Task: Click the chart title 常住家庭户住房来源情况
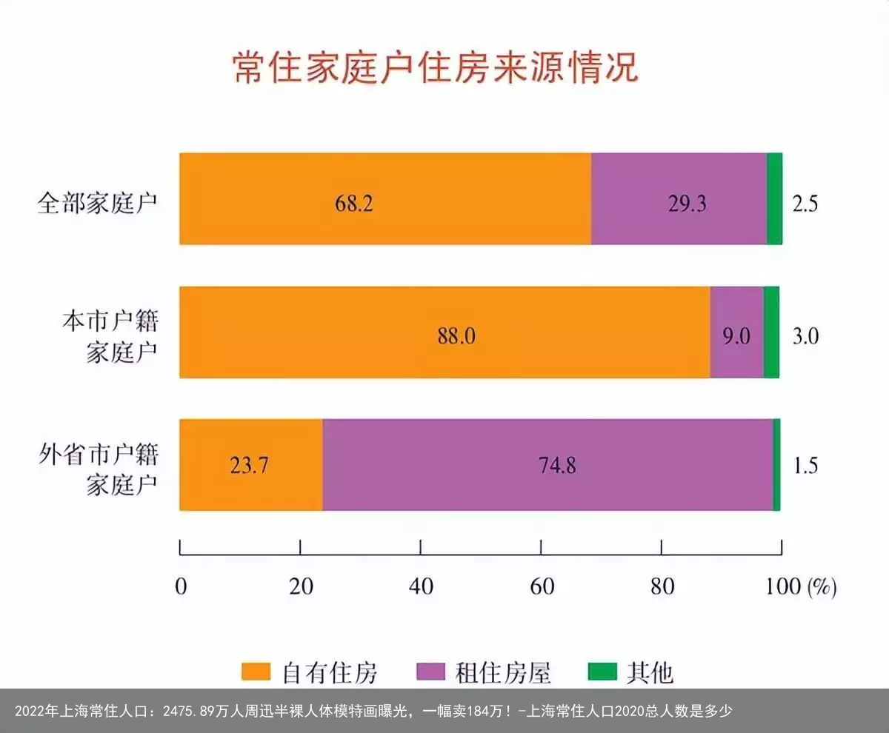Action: (x=435, y=68)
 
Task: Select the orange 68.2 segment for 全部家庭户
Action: (x=385, y=199)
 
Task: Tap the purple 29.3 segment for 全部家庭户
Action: (x=679, y=199)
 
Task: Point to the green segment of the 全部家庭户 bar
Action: (x=774, y=199)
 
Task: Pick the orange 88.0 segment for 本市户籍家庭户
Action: (x=444, y=332)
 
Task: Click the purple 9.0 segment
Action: (x=736, y=332)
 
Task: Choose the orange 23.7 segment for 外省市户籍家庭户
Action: (x=251, y=465)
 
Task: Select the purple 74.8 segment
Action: (x=547, y=465)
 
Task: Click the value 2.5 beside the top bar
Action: (x=805, y=204)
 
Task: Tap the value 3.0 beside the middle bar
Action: (x=805, y=336)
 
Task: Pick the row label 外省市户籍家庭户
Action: (x=99, y=469)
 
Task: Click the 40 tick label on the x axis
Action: (x=421, y=586)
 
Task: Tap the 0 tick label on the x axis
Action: (x=181, y=586)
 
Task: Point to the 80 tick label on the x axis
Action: (x=662, y=586)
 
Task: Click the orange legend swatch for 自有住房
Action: (x=256, y=672)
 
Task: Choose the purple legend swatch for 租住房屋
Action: (x=430, y=672)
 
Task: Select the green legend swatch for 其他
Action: (x=602, y=672)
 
